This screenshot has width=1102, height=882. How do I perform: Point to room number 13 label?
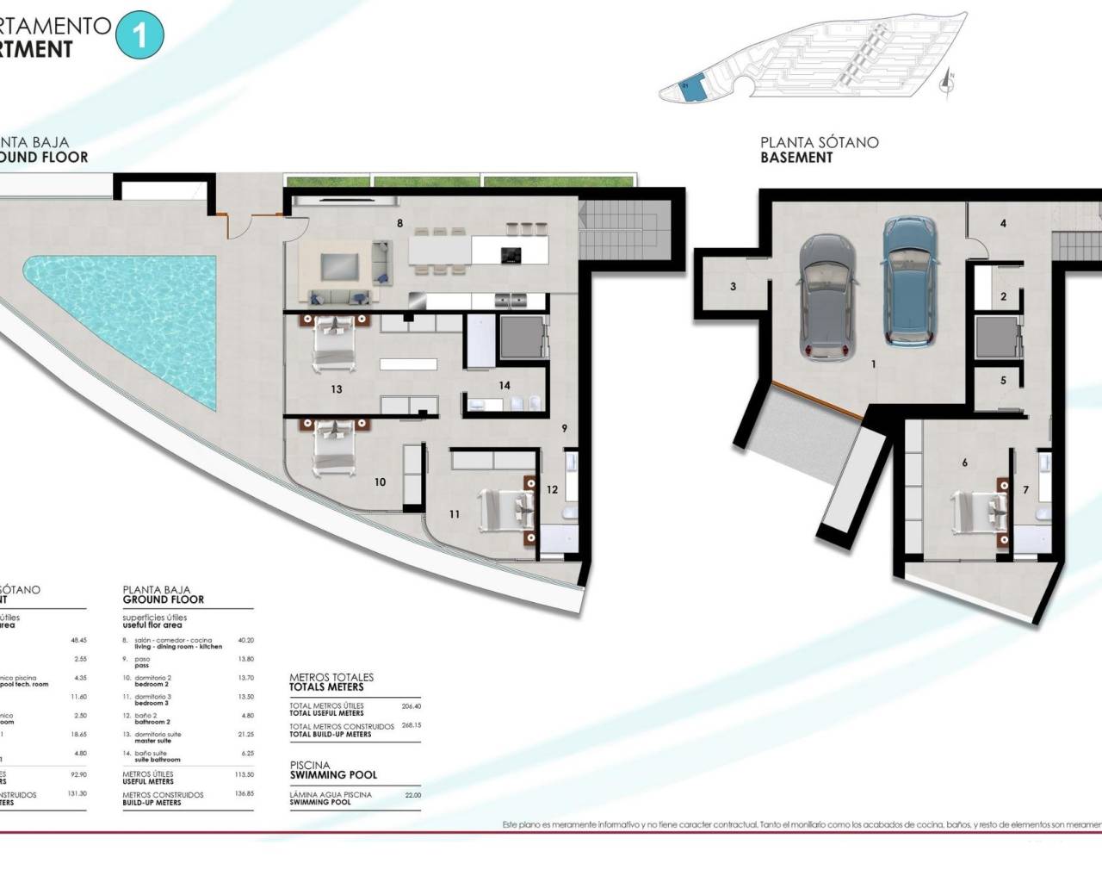(337, 389)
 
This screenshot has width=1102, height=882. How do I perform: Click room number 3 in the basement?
(733, 287)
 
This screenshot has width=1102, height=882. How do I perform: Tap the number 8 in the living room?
(399, 222)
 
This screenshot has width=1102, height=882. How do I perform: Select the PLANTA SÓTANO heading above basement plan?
(819, 143)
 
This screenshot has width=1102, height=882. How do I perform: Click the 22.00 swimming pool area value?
(413, 794)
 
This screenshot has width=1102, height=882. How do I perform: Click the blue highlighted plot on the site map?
(693, 88)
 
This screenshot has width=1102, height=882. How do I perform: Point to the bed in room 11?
(508, 508)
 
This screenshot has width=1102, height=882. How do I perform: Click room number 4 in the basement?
(1003, 223)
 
